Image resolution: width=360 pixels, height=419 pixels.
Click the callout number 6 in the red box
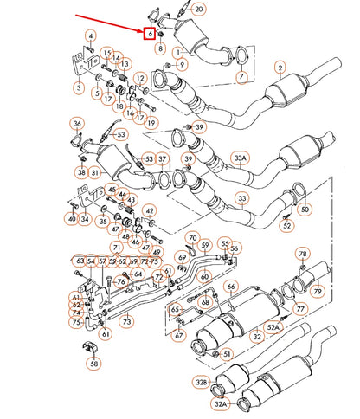pos(150,34)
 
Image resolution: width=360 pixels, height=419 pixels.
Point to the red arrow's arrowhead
pos(144,29)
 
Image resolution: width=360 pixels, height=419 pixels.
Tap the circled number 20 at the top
pos(198,10)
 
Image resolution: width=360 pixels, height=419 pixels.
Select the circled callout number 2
pos(280,67)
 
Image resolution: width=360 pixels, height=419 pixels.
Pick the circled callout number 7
pos(241,78)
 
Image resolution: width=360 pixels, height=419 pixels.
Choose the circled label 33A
pos(240,158)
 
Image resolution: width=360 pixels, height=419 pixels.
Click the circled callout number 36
pos(77,124)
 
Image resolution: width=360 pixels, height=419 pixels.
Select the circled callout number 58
pos(93,364)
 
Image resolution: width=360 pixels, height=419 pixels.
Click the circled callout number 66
pos(231,286)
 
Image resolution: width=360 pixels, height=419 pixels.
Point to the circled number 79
pos(317,291)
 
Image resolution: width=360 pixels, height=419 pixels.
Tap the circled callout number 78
pos(302,254)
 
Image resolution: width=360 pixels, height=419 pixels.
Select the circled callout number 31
pos(94,172)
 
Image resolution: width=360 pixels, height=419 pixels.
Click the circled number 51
pos(227,354)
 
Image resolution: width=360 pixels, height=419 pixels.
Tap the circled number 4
pos(90,35)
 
